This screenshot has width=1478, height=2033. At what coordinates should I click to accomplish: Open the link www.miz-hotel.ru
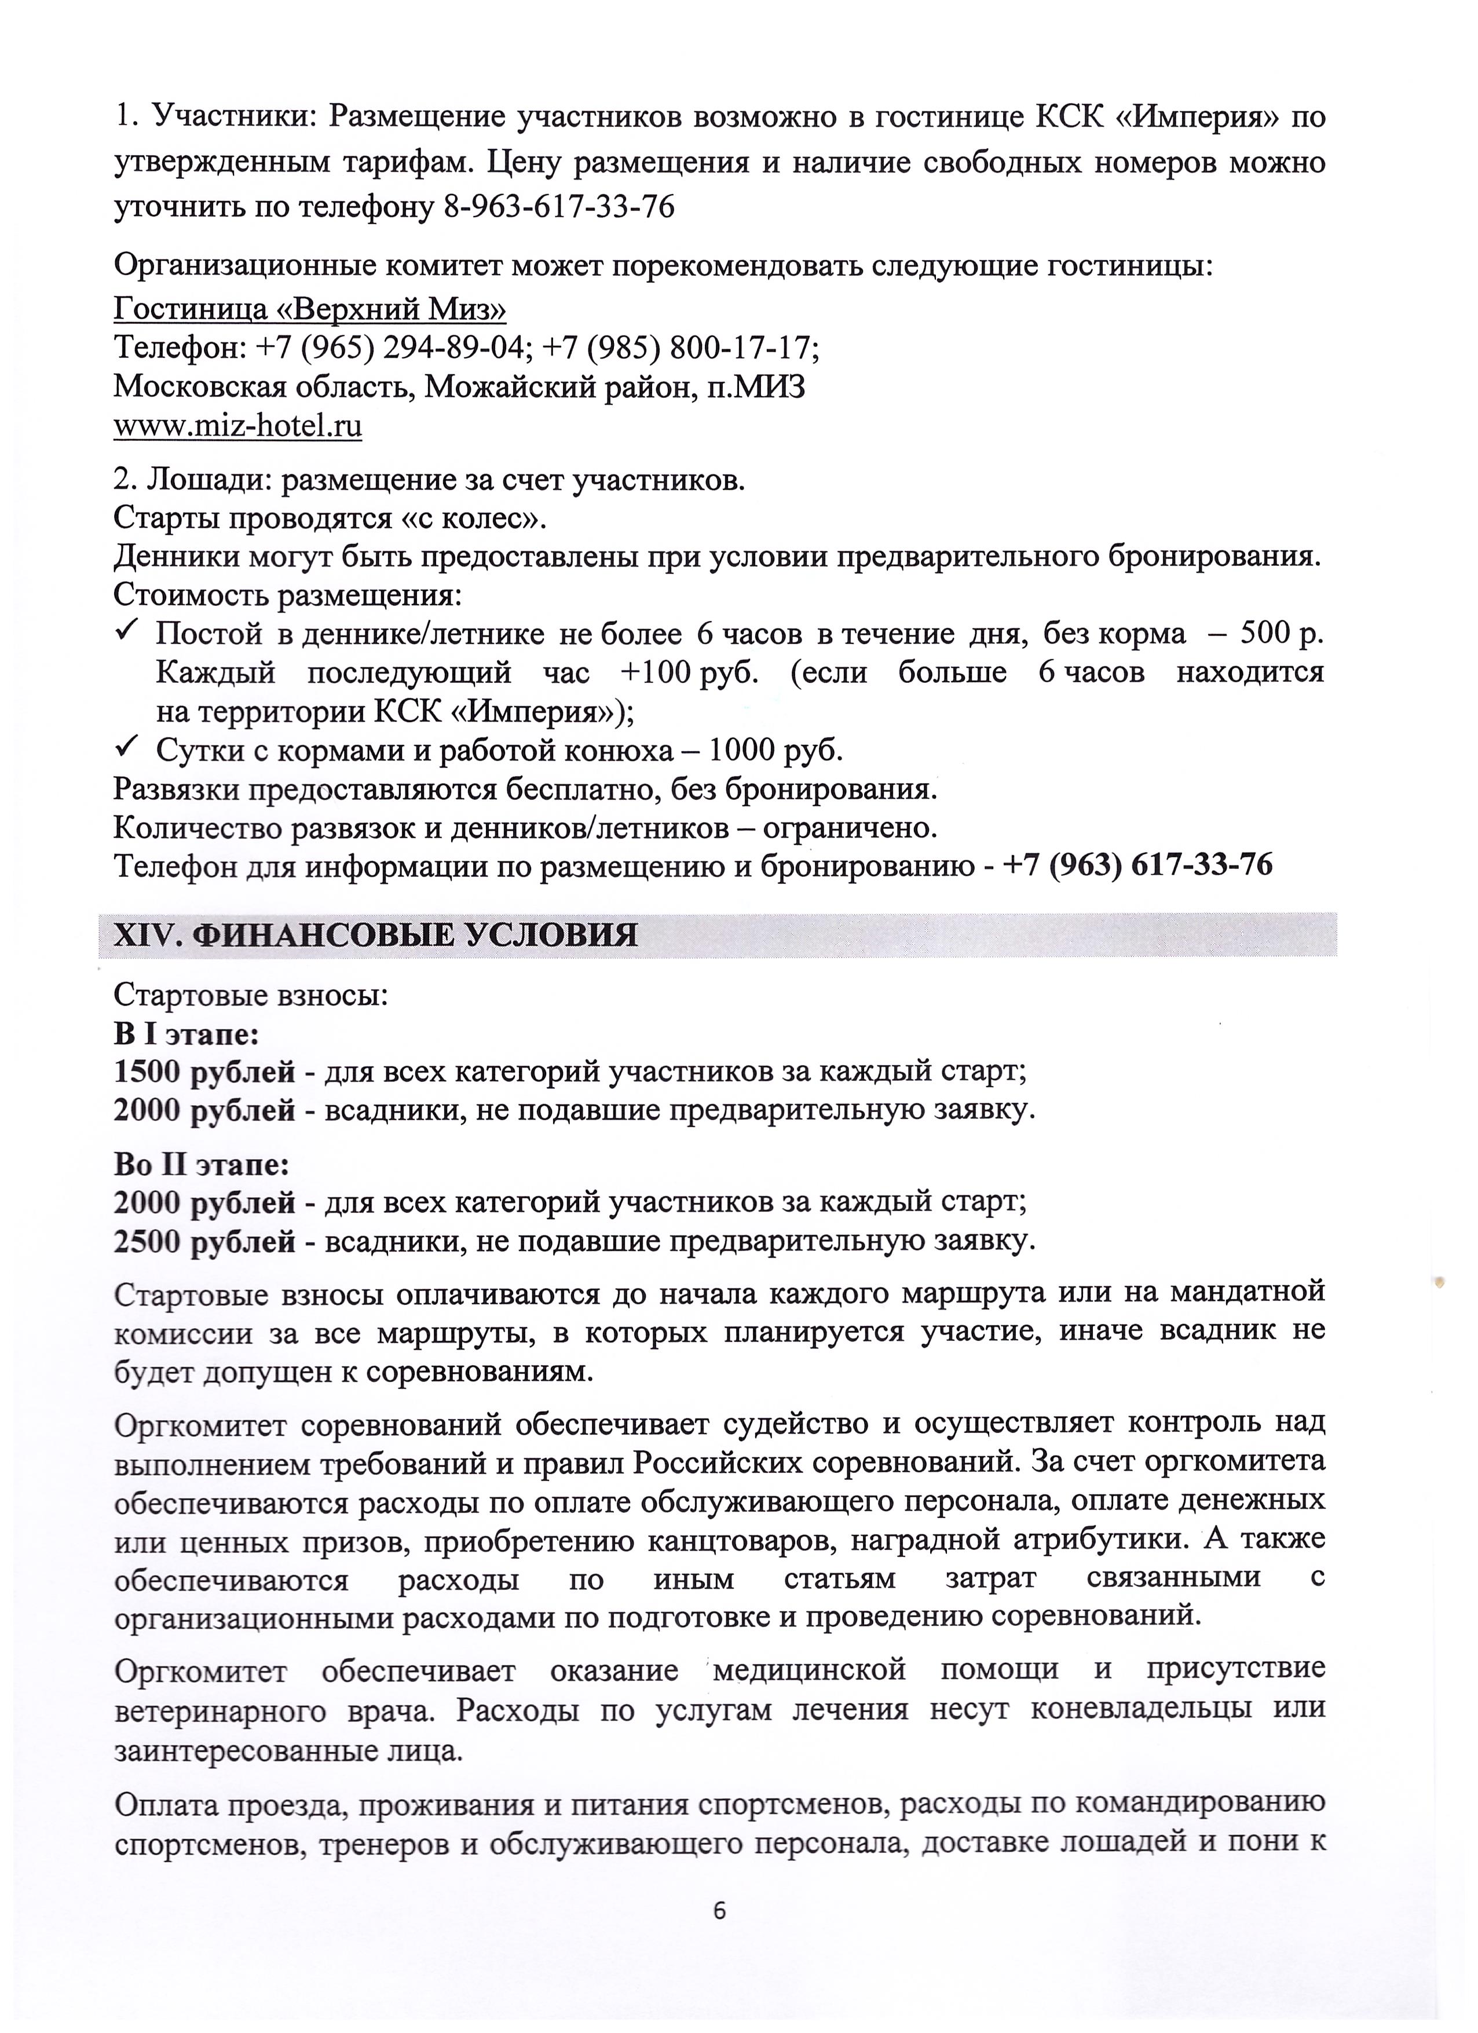(x=237, y=426)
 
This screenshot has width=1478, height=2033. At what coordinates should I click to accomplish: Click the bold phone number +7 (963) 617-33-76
(x=1137, y=865)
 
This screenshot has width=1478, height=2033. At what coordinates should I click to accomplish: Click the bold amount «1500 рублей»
(x=204, y=1072)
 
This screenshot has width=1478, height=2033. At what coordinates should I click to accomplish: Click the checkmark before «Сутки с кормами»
(x=126, y=746)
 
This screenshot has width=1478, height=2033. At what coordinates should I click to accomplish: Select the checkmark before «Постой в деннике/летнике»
(x=126, y=632)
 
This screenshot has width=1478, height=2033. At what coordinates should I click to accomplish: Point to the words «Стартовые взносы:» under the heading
(x=251, y=996)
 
